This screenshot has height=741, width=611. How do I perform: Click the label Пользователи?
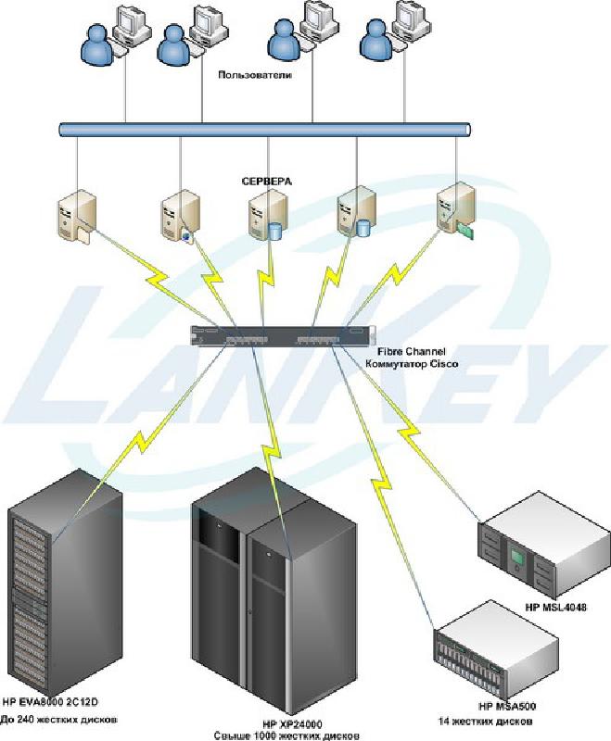[255, 75]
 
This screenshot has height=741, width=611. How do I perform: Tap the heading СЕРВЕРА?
[266, 182]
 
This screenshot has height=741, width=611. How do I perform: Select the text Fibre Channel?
[405, 352]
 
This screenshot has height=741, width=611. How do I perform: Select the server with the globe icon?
[177, 217]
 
